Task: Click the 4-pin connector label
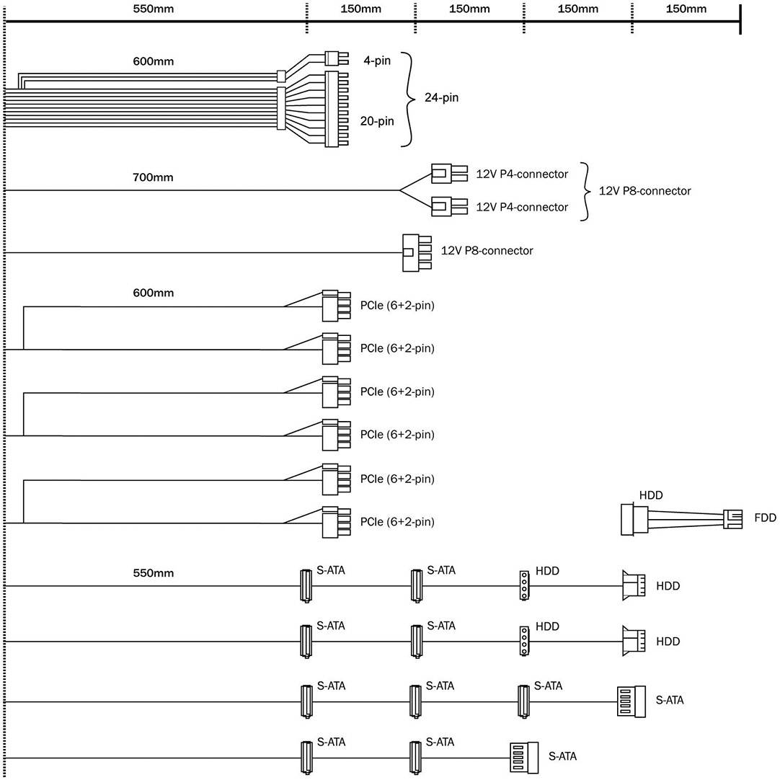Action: coord(376,61)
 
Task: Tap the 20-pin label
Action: coord(377,121)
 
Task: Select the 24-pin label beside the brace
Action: coord(441,97)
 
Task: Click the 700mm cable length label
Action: coord(154,177)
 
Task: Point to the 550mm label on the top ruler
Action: coord(154,9)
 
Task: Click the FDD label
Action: coord(765,518)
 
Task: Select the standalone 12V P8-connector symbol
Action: coord(417,252)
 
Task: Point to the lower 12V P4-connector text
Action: coord(522,208)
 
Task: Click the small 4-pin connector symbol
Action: coord(332,57)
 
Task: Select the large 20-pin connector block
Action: coord(332,109)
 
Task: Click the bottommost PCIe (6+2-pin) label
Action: coord(397,522)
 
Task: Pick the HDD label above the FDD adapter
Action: coord(651,495)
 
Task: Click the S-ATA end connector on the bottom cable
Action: coord(524,756)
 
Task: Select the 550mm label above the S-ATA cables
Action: coord(154,573)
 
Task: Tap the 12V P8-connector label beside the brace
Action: coord(645,191)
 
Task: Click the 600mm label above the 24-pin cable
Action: coord(154,61)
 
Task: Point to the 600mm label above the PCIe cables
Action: coord(154,293)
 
